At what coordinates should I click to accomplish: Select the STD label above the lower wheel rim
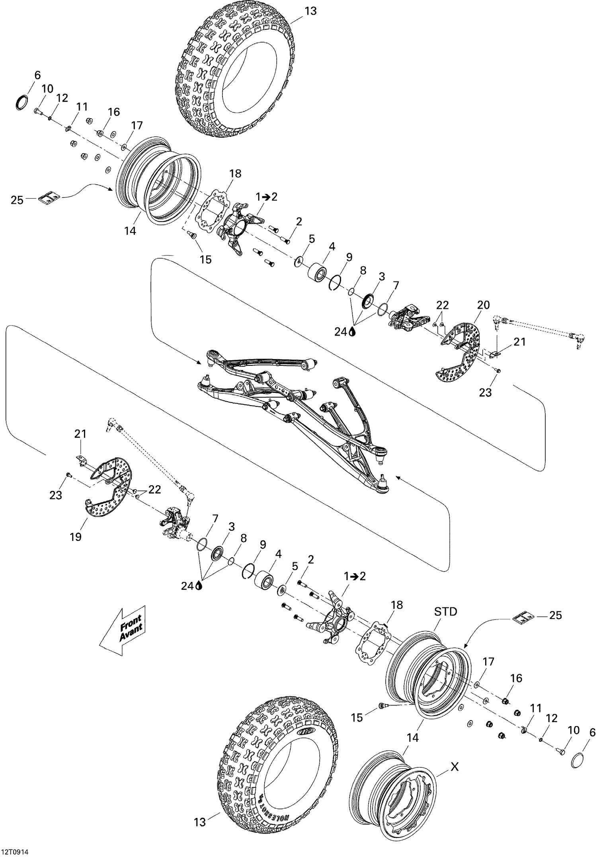point(445,612)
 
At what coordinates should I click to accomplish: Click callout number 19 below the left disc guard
point(76,537)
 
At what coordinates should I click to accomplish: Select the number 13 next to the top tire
point(310,11)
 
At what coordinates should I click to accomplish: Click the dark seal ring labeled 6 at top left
point(22,102)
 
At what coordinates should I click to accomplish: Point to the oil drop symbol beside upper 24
point(352,332)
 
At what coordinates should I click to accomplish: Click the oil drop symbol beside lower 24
point(199,586)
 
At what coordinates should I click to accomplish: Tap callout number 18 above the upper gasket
point(236,174)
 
